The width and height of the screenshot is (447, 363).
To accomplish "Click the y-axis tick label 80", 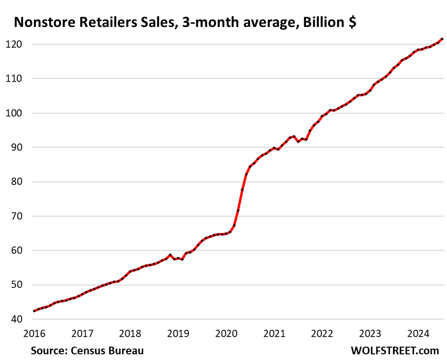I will (x=20, y=182).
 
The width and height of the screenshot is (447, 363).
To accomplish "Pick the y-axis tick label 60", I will (x=20, y=250).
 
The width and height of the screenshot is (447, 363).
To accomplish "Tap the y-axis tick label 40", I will (x=20, y=319).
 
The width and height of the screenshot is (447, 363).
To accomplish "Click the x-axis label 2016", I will (x=34, y=333).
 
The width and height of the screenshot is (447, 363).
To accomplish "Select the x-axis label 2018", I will (x=130, y=333).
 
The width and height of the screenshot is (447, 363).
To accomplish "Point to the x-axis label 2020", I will (x=226, y=333).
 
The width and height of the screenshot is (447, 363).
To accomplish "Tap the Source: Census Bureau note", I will (x=87, y=350).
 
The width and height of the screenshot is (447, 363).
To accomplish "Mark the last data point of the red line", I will (x=442, y=39).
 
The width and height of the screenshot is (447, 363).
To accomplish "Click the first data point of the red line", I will (x=34, y=311).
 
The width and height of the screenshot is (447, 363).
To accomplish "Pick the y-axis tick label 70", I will (x=20, y=216).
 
